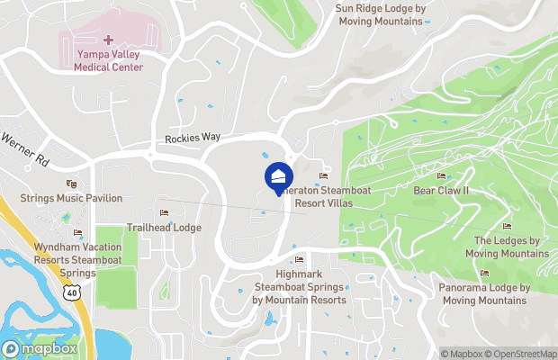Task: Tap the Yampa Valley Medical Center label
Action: pos(108,60)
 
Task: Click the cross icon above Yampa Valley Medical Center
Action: pos(108,40)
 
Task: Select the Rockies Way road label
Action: pos(193,138)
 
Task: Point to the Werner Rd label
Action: pos(25,149)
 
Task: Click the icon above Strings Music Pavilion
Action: pos(72,184)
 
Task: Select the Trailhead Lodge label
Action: pos(164,228)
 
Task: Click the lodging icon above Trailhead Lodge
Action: pos(164,213)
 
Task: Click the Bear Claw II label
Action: pos(441,191)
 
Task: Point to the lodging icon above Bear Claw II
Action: pos(441,176)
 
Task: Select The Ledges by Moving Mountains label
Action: pos(507,247)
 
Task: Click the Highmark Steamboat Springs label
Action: pos(299,287)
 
